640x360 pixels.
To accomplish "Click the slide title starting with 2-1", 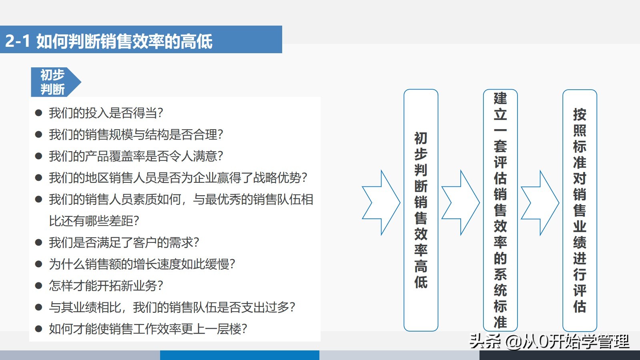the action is (x=108, y=41).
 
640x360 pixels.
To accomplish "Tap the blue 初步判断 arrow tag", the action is (x=56, y=82).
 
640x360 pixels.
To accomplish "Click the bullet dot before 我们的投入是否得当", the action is (x=38, y=113).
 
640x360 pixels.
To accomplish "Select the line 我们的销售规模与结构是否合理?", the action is (x=136, y=134).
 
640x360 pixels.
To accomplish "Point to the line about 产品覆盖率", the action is (x=136, y=156).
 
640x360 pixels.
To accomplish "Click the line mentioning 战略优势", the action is (x=178, y=178).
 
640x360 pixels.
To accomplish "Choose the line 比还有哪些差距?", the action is (x=94, y=221).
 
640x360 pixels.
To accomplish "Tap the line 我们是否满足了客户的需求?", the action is (x=124, y=242).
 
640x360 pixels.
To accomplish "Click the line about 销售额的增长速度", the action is (x=142, y=264).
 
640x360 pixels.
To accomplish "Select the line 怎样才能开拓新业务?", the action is (x=106, y=286).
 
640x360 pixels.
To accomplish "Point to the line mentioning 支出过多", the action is (x=172, y=307).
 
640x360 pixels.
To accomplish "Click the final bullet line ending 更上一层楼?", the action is (x=148, y=329).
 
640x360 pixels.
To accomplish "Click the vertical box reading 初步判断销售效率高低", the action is (x=421, y=210).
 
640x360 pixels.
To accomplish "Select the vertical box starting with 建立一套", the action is (x=500, y=210).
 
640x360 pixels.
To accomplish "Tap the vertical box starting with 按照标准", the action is (x=580, y=210).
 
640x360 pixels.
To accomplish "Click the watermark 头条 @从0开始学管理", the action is (x=550, y=341).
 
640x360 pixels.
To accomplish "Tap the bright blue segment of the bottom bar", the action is (x=240, y=355).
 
